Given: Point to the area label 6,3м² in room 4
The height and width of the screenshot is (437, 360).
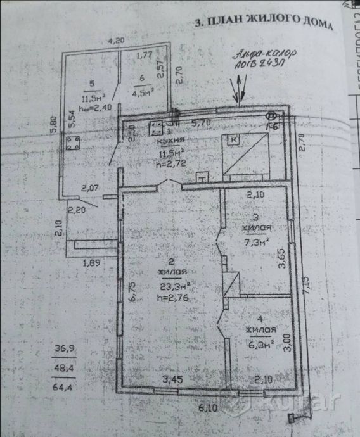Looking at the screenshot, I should tap(261, 345).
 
